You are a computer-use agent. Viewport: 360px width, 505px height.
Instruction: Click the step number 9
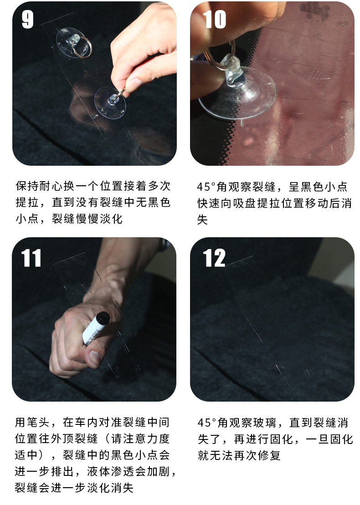tap(27, 19)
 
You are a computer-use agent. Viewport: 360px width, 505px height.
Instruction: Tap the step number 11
tap(31, 258)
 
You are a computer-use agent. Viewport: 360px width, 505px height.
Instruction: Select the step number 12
tap(214, 258)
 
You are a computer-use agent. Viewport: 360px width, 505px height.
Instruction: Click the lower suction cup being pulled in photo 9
tap(109, 102)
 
